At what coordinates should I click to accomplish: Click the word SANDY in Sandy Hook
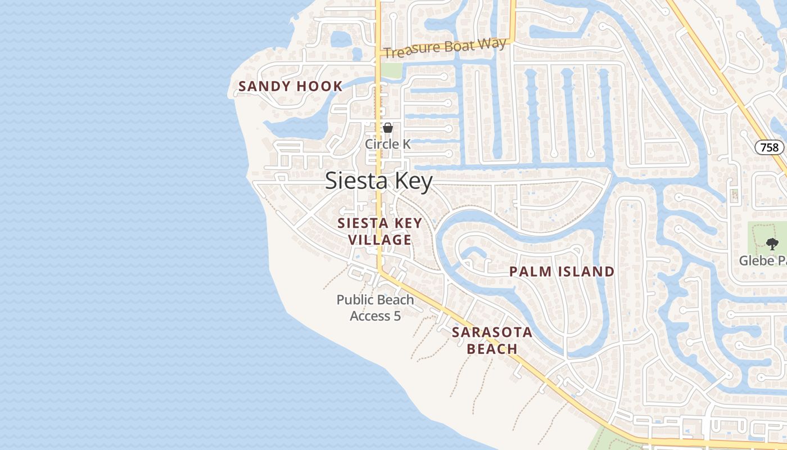264,87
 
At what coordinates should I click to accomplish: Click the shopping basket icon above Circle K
388,128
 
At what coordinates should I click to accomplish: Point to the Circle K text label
388,144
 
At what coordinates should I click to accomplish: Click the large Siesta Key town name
379,182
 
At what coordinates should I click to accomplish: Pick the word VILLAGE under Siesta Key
379,240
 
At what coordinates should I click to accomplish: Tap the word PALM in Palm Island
530,272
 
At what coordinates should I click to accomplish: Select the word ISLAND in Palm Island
586,272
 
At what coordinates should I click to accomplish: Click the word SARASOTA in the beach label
492,332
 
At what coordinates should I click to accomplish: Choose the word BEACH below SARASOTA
492,349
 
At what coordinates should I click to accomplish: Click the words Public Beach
375,300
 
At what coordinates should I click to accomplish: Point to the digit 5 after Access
397,316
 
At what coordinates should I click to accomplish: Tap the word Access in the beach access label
370,316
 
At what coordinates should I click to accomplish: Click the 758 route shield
769,147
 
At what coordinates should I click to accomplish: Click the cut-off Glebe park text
762,261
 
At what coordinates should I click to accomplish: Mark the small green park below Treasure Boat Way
392,70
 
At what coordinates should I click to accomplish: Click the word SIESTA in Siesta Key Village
360,223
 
